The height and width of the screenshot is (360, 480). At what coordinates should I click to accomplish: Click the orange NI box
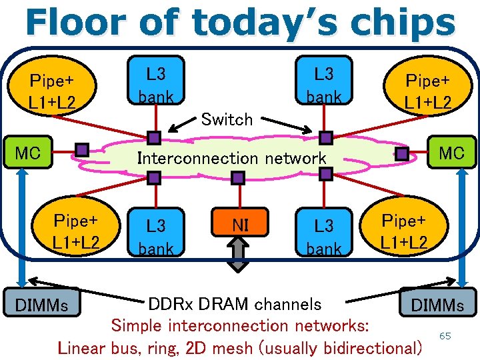[240, 226]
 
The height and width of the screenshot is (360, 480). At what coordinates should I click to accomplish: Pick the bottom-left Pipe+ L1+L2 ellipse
[76, 231]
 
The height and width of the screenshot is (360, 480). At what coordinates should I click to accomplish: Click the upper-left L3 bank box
[155, 83]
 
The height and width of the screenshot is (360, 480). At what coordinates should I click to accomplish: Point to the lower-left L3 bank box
[155, 235]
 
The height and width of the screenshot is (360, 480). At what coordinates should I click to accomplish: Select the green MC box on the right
[451, 153]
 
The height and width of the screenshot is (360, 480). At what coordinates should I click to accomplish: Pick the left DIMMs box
[43, 305]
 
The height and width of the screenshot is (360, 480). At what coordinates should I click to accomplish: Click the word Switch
[227, 120]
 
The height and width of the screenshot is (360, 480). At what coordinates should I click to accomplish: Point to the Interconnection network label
[231, 159]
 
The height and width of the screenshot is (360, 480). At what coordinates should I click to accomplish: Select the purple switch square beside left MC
[82, 150]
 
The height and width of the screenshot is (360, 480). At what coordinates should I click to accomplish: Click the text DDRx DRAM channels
[234, 305]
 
